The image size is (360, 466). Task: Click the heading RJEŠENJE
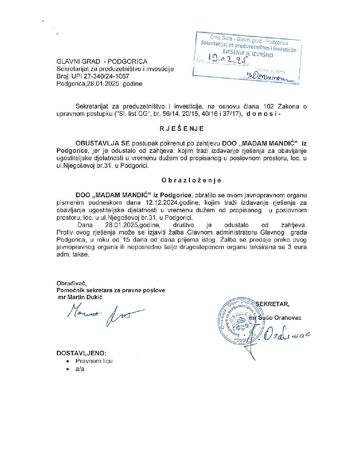182,129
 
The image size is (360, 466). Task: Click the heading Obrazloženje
191,180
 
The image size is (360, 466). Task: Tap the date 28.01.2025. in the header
104,84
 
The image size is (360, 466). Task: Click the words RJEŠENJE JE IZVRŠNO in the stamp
248,53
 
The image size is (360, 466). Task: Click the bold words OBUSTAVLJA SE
103,144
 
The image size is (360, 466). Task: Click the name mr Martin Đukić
80,297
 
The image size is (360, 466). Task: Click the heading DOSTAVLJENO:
81,353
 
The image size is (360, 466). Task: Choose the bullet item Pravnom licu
94,361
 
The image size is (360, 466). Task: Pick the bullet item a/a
80,369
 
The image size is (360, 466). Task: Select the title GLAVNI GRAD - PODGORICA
102,62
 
